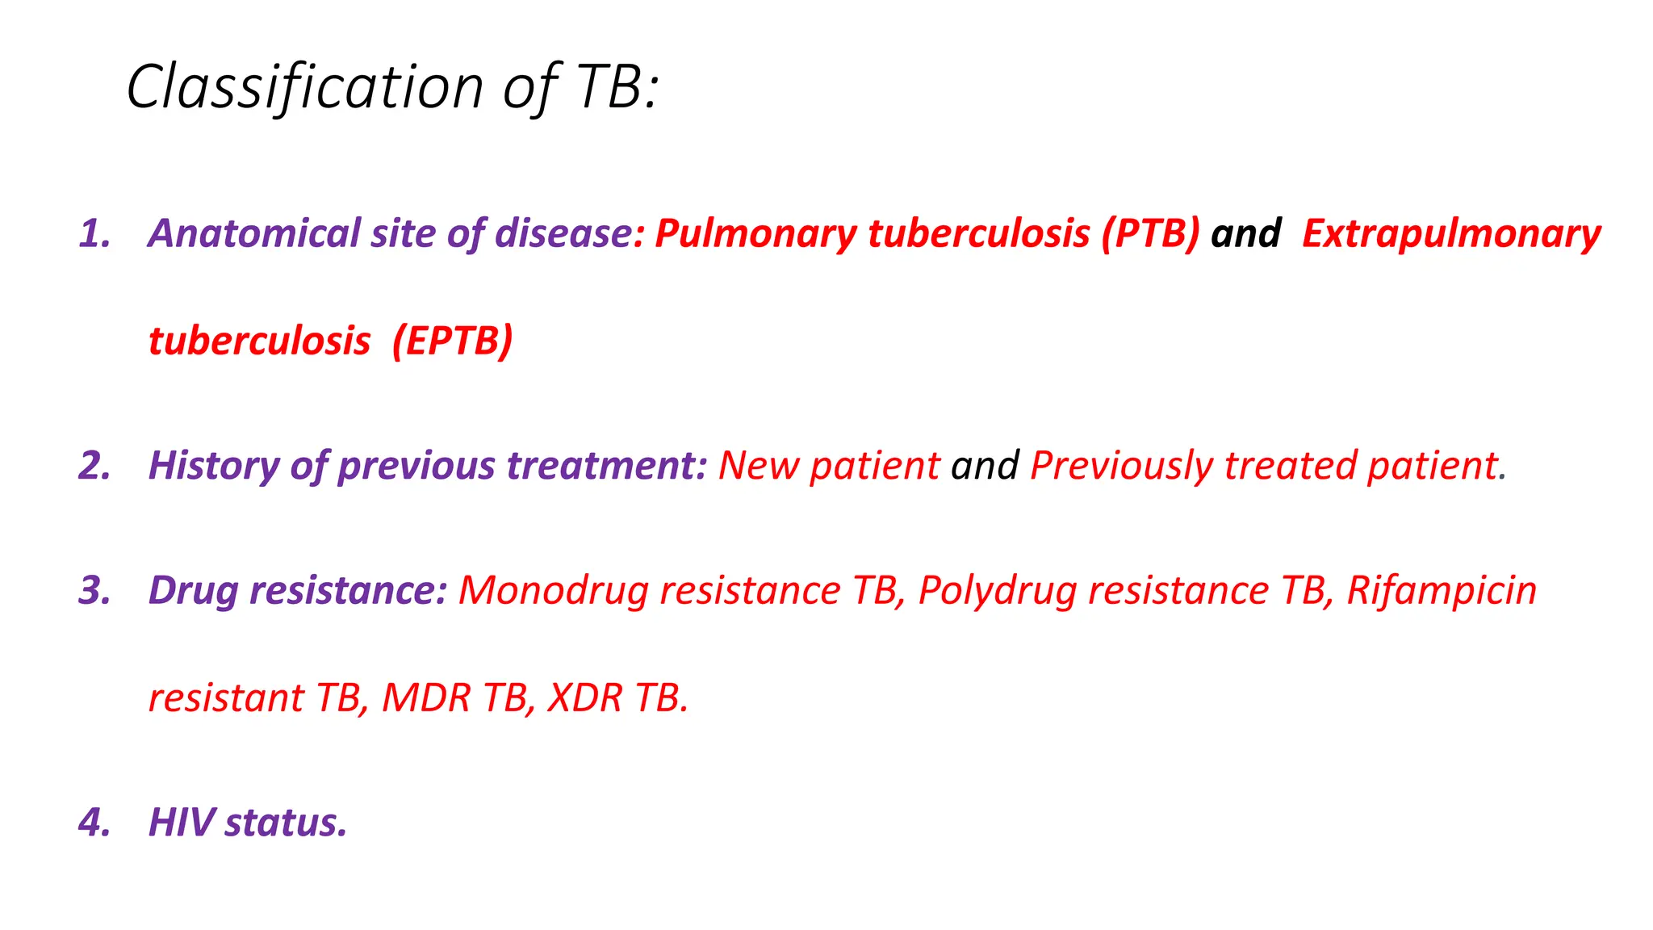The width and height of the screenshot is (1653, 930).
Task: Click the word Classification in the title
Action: [304, 87]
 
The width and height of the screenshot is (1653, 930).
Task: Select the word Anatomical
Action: [253, 234]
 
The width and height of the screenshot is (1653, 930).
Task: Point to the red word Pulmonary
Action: [755, 234]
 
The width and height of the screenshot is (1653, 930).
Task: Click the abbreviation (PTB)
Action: [1151, 234]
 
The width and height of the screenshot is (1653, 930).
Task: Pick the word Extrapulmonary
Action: [1451, 234]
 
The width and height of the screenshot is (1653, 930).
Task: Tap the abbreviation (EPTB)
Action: [452, 341]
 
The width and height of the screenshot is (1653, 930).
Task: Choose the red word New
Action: [758, 467]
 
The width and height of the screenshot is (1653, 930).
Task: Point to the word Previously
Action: [1121, 467]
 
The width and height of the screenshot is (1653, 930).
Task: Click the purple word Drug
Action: [194, 591]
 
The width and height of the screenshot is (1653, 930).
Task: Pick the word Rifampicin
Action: [1442, 591]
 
